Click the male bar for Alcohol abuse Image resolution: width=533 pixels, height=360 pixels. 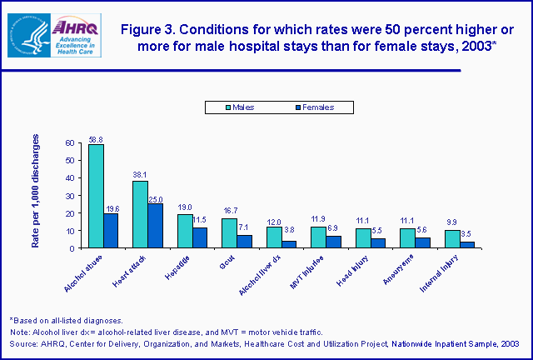(96, 196)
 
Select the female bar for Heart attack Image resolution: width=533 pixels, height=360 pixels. (156, 226)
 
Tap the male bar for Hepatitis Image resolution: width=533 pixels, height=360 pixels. (184, 231)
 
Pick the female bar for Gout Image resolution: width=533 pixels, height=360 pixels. (244, 242)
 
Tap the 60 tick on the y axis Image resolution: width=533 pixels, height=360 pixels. (68, 143)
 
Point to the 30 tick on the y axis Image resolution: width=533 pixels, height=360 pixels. (68, 196)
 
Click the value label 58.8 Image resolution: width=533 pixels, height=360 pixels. (96, 139)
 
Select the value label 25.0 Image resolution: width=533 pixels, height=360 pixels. (156, 199)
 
